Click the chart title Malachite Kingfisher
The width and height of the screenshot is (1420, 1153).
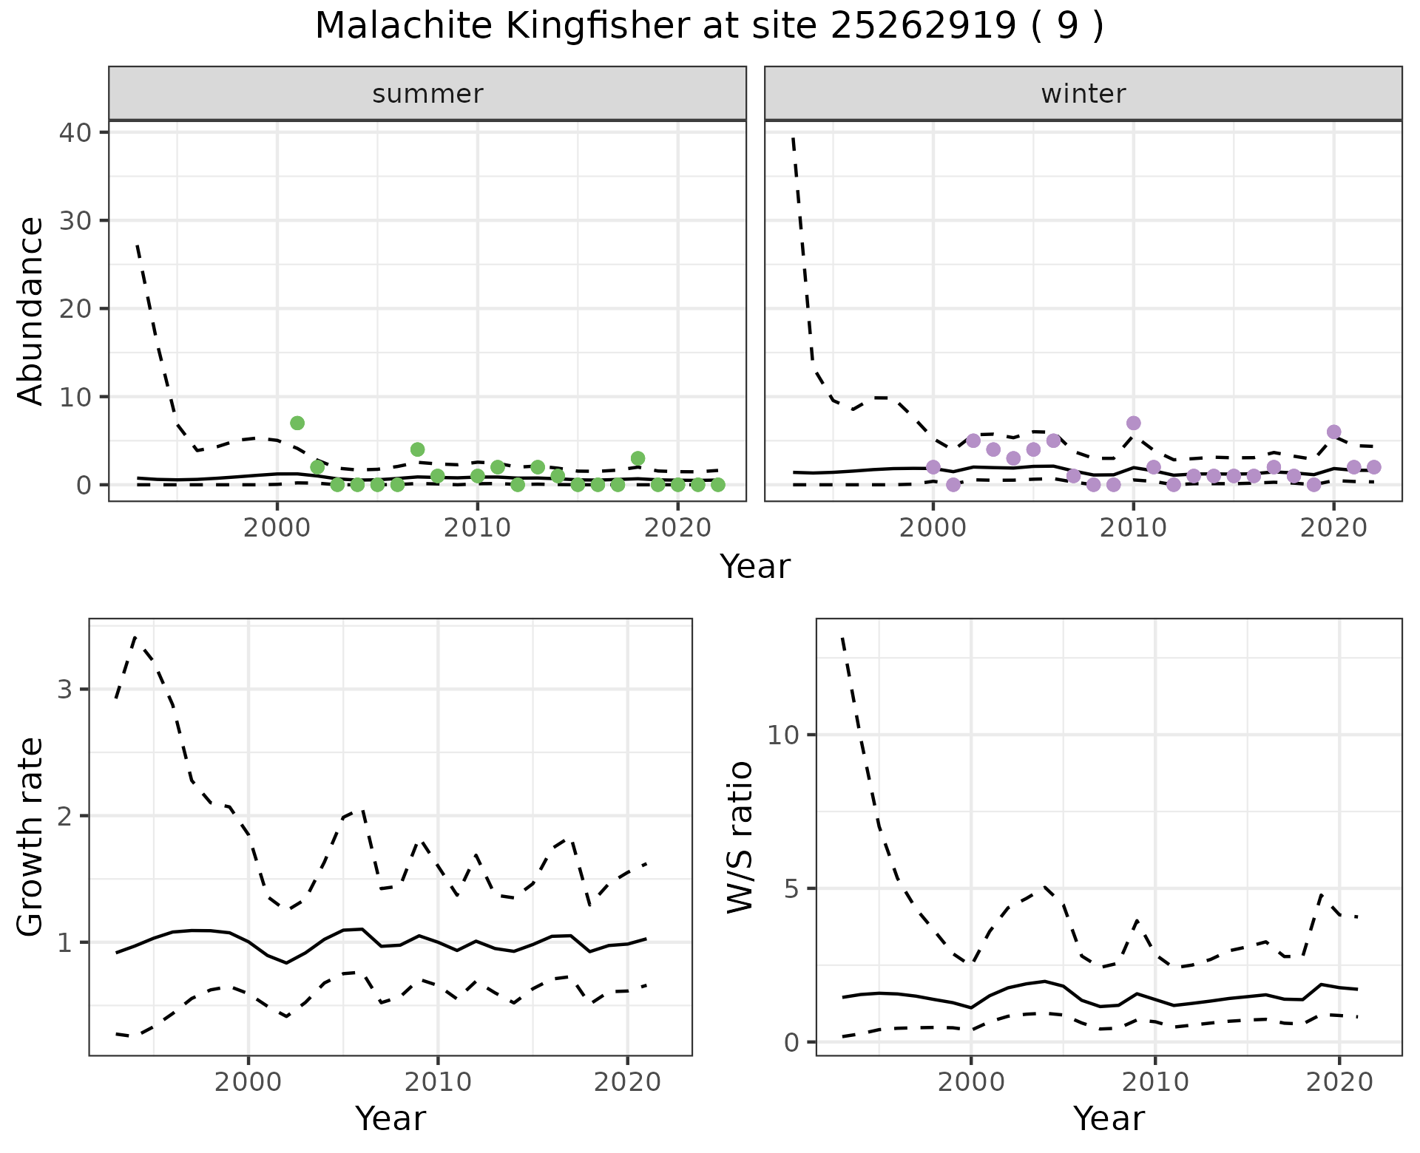point(709,27)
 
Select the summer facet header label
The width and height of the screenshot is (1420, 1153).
point(427,94)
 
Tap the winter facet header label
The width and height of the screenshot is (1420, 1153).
point(1083,94)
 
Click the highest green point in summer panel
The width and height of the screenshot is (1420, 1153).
point(297,423)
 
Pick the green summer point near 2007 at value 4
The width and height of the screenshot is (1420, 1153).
point(417,449)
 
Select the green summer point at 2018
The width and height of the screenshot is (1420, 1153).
point(638,458)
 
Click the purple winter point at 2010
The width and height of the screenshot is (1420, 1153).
point(1133,423)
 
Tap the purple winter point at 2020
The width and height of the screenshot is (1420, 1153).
point(1333,432)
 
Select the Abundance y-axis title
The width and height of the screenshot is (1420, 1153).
point(31,310)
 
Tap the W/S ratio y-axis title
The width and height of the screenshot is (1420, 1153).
point(740,837)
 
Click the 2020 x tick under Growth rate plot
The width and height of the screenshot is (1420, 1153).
point(627,1082)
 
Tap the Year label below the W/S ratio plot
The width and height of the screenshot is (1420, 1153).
point(1109,1118)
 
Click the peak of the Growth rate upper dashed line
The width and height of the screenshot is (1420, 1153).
point(135,636)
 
